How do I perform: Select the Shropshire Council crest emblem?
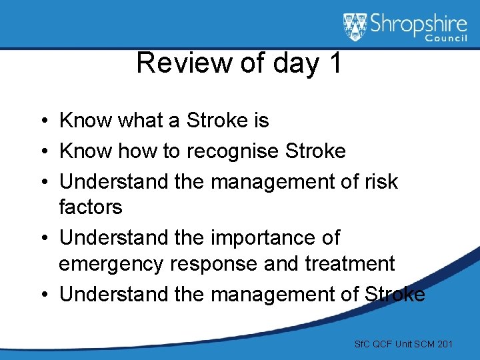tap(355, 27)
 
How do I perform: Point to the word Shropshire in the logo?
tap(419, 25)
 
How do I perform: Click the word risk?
tap(377, 181)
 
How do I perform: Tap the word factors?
tap(91, 207)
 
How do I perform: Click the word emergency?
tap(111, 264)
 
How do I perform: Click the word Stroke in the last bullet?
tap(395, 294)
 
